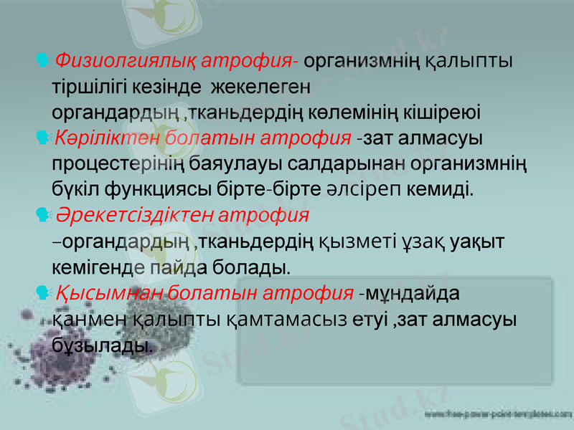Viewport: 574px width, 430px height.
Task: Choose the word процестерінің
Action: (x=118, y=164)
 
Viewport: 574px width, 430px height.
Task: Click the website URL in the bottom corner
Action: (x=498, y=415)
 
